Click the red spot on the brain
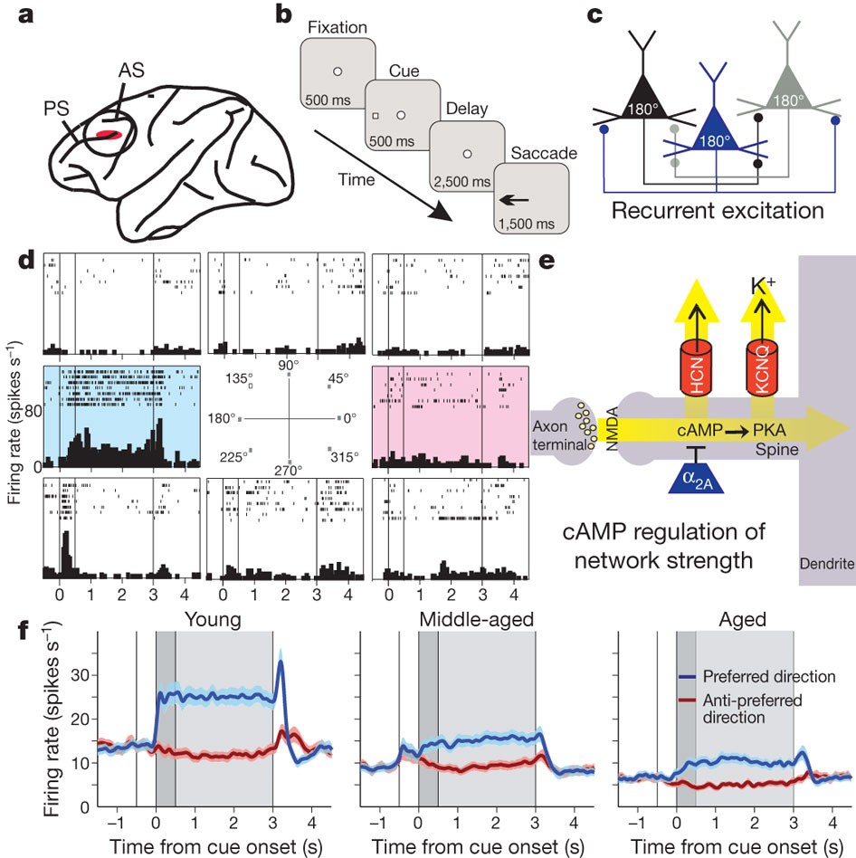(109, 136)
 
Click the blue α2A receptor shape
(702, 471)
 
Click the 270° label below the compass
(286, 469)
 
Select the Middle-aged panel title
(475, 620)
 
